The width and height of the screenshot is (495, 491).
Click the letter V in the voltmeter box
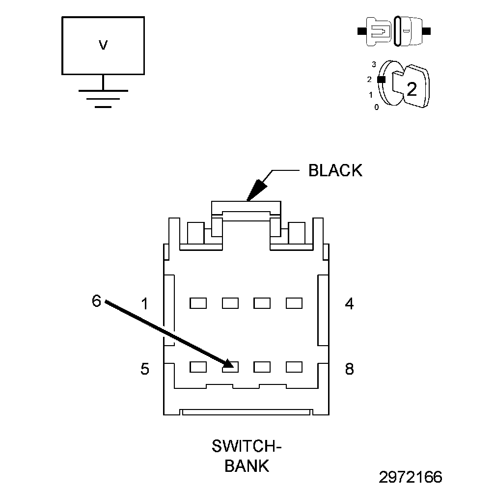pos(103,45)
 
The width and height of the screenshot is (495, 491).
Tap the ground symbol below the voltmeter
pos(103,99)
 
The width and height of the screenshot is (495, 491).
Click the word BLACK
pos(335,170)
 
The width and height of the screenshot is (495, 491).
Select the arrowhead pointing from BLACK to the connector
pos(257,191)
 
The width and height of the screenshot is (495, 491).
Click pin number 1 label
pos(144,304)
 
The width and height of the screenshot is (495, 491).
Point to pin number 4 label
pos(349,303)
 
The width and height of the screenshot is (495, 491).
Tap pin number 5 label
pos(144,369)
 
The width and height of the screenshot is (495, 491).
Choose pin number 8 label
pos(349,369)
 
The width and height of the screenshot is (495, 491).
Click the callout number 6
pos(96,300)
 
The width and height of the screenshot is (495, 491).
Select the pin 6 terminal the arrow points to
pos(230,367)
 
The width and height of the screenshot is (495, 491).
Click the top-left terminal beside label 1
pos(198,303)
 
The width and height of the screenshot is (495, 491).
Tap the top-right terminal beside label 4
pos(294,303)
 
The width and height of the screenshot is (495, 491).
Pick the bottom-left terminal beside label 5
pos(198,367)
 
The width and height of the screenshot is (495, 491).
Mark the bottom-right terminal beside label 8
pos(294,367)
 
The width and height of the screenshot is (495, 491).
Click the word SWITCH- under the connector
pos(246,446)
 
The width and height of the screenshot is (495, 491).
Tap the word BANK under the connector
pos(247,466)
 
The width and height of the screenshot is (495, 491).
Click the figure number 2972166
pos(411,477)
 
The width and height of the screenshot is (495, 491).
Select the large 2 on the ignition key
pos(412,89)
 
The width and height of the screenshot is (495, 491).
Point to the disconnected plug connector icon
pos(394,31)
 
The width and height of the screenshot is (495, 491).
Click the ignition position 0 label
pos(376,108)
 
